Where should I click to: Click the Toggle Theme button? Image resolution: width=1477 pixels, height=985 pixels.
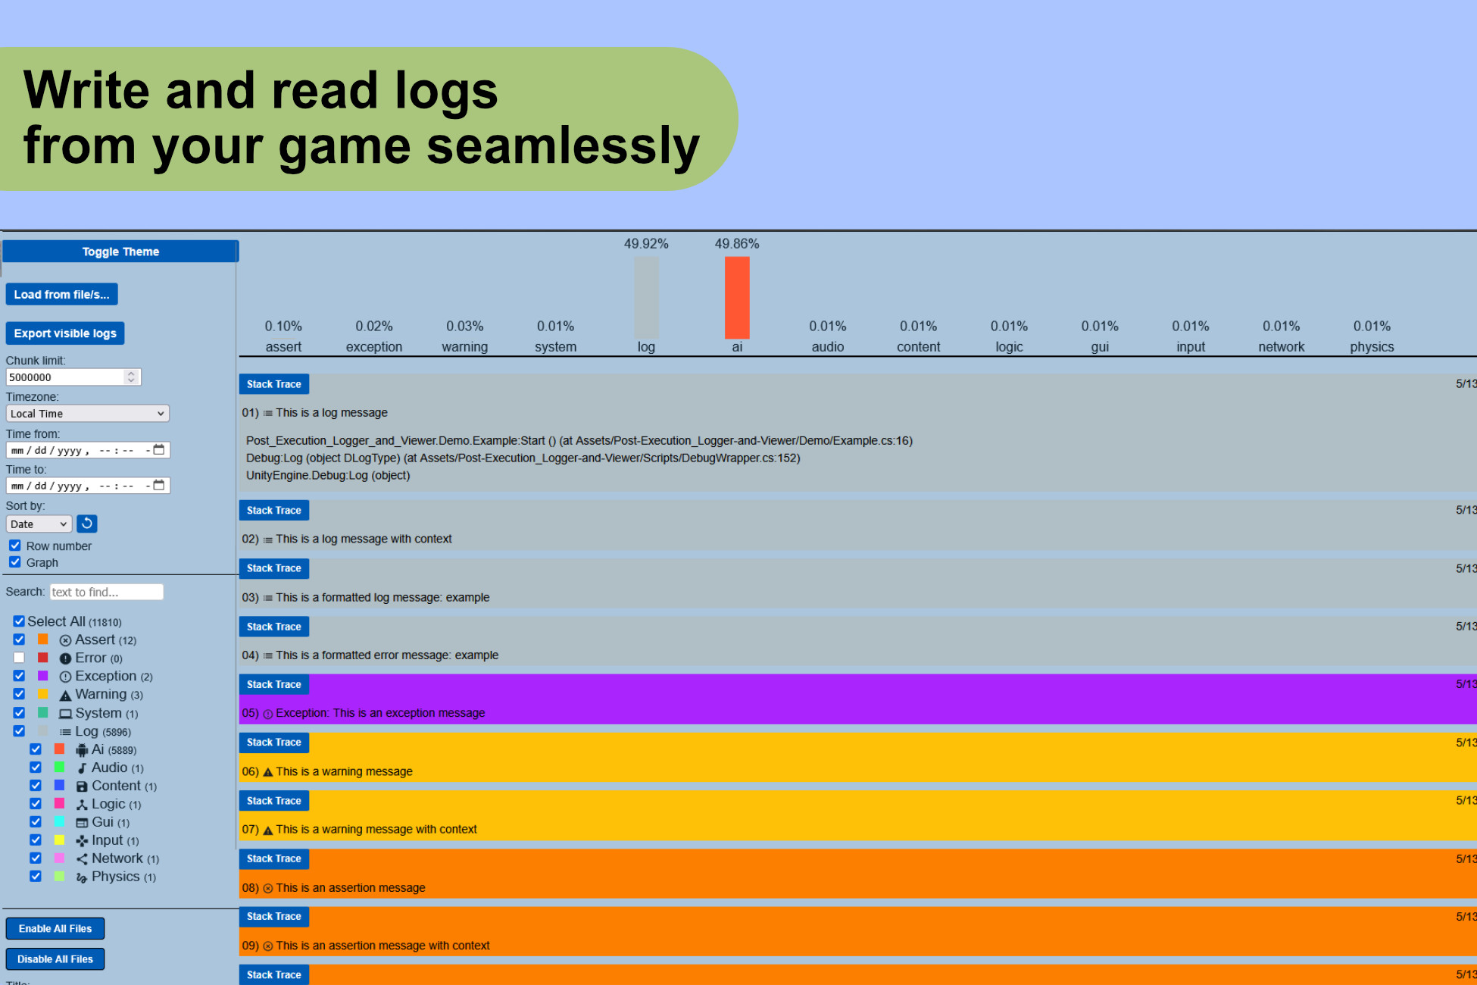(x=120, y=252)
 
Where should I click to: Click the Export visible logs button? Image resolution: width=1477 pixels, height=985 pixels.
(x=65, y=333)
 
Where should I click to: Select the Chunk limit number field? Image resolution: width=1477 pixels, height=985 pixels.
(x=67, y=377)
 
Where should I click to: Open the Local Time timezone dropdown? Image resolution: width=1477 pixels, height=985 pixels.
(x=87, y=414)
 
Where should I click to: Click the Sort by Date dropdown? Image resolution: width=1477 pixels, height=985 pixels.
(x=39, y=524)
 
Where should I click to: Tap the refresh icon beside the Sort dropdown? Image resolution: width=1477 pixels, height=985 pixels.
(x=87, y=524)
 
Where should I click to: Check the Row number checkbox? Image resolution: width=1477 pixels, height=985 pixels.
(x=15, y=546)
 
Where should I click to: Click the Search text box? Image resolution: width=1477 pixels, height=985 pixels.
(x=106, y=592)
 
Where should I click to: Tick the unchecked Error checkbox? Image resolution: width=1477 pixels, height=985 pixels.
(x=19, y=658)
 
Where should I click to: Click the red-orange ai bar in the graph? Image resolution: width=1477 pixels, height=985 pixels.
(x=737, y=297)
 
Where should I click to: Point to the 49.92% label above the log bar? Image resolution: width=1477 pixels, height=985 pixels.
(x=646, y=244)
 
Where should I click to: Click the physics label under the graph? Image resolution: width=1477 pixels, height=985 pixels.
(x=1372, y=347)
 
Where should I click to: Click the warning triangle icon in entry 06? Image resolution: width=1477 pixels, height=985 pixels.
(x=267, y=772)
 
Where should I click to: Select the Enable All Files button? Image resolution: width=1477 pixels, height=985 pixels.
(x=55, y=928)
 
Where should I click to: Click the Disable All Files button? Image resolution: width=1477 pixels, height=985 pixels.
(x=55, y=959)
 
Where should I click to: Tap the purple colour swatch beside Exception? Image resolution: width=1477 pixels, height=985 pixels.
(x=43, y=676)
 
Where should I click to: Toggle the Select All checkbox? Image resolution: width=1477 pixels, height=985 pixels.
(x=19, y=621)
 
